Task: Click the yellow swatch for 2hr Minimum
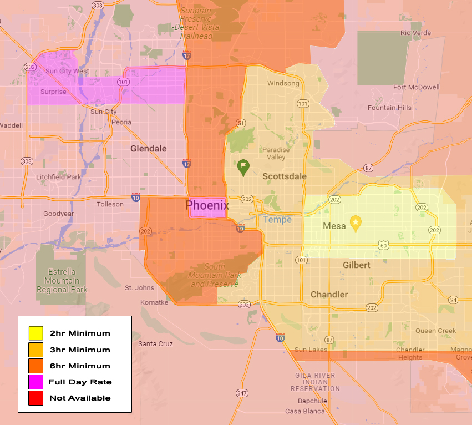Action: click(x=36, y=333)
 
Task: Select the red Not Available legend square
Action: click(x=36, y=398)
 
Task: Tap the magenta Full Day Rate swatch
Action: click(x=36, y=382)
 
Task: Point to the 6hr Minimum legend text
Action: click(x=80, y=366)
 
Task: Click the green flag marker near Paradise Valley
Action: click(x=243, y=166)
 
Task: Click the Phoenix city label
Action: click(x=207, y=205)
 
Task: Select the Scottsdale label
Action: click(x=284, y=176)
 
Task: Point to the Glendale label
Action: click(x=148, y=149)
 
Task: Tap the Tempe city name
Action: click(x=277, y=220)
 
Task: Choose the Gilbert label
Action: click(x=356, y=265)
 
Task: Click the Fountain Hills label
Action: click(x=389, y=108)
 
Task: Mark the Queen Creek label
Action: click(x=435, y=331)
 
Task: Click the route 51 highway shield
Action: click(x=240, y=123)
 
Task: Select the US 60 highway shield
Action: click(x=383, y=245)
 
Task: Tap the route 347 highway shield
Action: click(x=241, y=393)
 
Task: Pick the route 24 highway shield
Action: click(x=453, y=300)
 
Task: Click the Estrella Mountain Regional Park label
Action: click(x=62, y=281)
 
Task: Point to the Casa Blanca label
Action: click(x=301, y=411)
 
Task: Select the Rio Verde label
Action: click(x=415, y=33)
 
